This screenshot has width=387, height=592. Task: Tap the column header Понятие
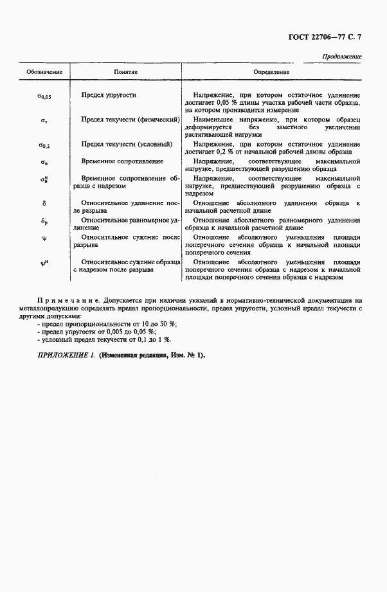pos(126,71)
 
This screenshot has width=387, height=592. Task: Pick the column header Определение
pos(271,71)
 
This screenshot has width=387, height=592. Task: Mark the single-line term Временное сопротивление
pos(122,161)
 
